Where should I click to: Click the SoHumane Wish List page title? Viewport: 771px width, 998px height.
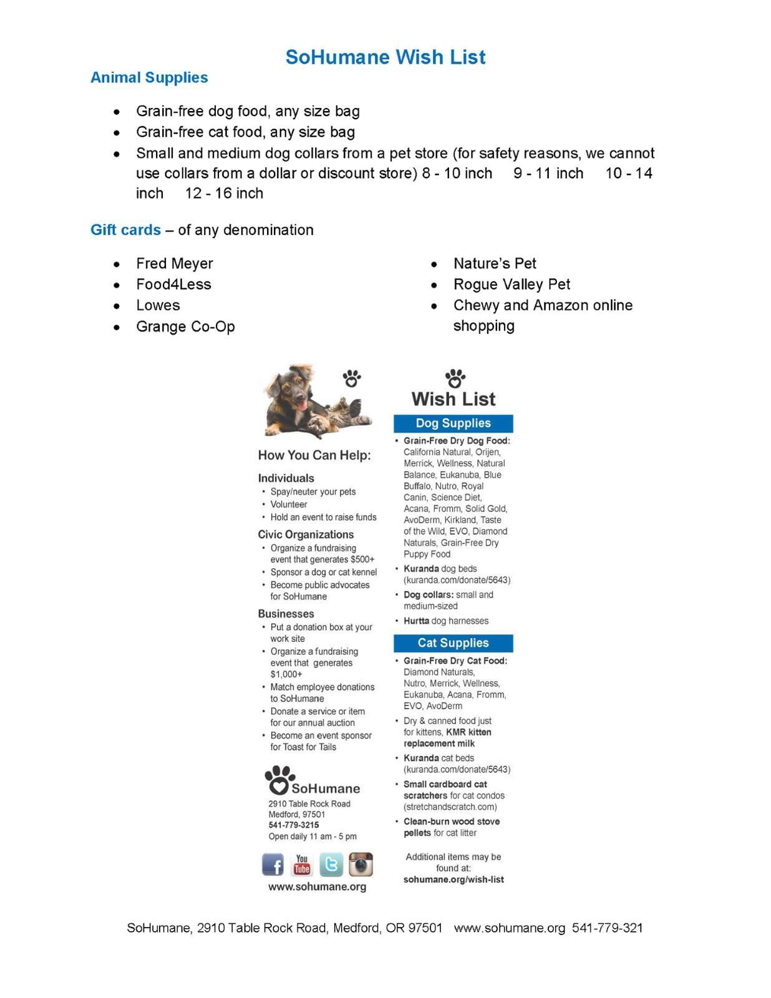point(385,57)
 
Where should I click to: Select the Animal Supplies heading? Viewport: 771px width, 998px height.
point(149,77)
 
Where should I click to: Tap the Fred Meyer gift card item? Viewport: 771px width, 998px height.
point(175,263)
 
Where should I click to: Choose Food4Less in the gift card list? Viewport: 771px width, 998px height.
point(173,284)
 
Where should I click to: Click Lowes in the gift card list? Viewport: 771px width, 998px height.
point(158,305)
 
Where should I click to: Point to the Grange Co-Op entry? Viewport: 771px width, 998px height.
point(185,326)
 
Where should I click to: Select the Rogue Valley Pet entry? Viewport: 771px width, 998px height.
point(512,284)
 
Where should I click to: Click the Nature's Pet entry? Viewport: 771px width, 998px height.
point(495,263)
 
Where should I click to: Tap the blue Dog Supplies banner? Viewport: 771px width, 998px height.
point(453,423)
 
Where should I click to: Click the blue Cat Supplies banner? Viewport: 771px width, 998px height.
point(453,643)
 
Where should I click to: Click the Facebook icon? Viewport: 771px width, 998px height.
point(273,865)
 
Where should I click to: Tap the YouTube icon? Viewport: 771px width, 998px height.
point(302,865)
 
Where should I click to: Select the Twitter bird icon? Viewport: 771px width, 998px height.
point(331,865)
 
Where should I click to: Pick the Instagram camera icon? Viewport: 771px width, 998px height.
point(361,865)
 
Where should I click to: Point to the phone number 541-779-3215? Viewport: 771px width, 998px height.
point(293,825)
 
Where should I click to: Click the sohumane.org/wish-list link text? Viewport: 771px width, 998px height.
point(453,879)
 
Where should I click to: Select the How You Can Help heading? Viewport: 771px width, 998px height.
point(314,455)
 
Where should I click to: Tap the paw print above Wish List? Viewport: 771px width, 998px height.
point(455,378)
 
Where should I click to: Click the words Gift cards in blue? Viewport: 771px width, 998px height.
point(125,230)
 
